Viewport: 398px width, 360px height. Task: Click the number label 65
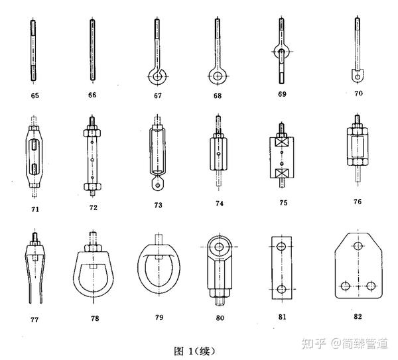click(x=34, y=96)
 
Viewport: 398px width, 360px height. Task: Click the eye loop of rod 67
click(x=157, y=77)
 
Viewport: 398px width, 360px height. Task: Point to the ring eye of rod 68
click(x=217, y=76)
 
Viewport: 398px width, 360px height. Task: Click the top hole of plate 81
click(x=282, y=246)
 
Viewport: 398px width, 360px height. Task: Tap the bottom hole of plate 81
click(x=282, y=289)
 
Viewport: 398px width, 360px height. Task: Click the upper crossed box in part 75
click(x=281, y=143)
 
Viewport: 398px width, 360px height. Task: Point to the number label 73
click(x=157, y=206)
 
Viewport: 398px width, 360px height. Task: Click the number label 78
click(x=95, y=318)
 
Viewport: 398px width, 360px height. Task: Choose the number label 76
click(x=358, y=202)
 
